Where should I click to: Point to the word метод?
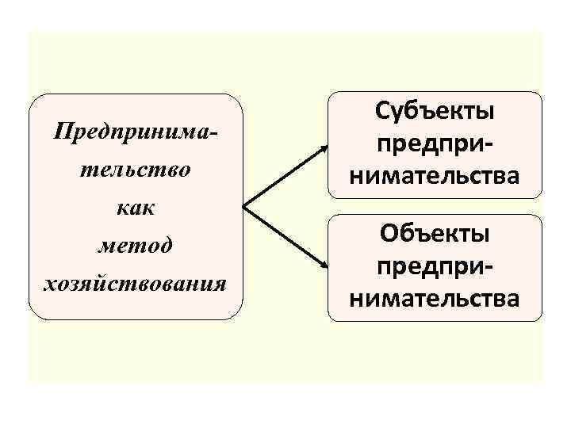[x=135, y=246]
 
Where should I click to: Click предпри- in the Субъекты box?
[x=436, y=143]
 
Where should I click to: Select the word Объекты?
[x=436, y=234]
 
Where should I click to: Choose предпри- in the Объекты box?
[x=436, y=266]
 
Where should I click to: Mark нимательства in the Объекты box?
[x=436, y=298]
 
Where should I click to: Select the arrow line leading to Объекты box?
[x=282, y=238]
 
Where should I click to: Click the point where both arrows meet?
[x=242, y=208]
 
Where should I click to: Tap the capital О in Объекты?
[x=389, y=234]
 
